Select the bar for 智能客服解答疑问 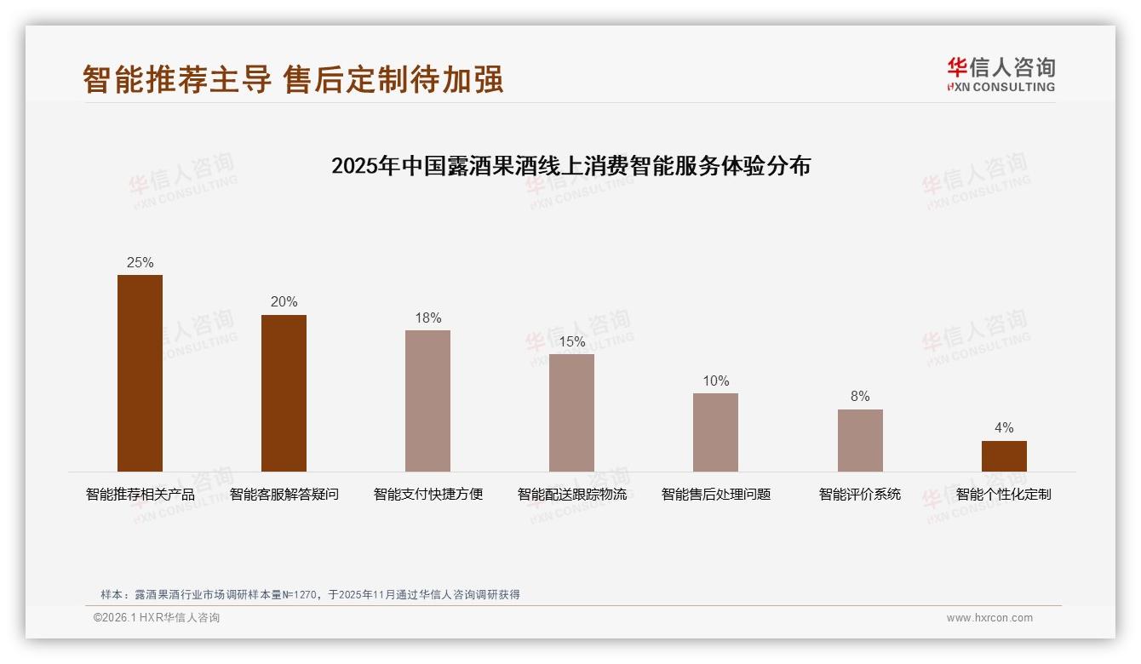284,393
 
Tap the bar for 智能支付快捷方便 427,401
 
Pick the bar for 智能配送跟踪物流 571,413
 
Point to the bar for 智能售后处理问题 715,432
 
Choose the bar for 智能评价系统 860,440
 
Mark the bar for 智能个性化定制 1004,456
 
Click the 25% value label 140,263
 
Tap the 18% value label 427,318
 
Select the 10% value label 715,381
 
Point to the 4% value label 1004,428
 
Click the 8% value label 860,397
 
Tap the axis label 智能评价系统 860,495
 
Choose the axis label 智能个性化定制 1004,495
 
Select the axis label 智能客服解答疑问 284,495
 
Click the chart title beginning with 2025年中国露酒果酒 570,165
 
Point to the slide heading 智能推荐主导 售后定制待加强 293,79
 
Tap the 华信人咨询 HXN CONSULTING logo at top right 1001,74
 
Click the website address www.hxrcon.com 989,618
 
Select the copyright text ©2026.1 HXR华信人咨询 157,618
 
